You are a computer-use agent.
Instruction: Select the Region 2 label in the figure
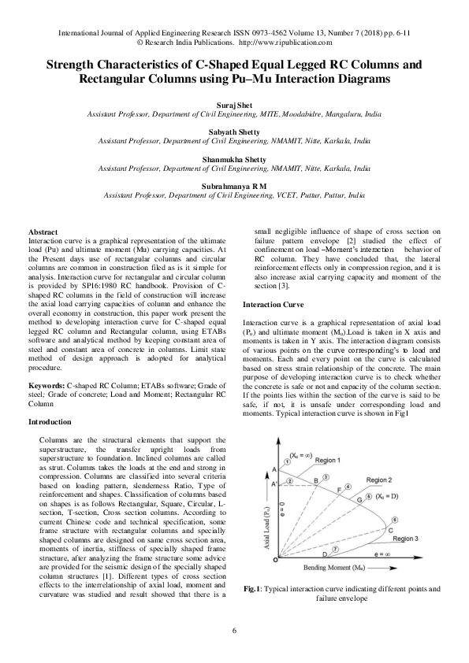coord(379,480)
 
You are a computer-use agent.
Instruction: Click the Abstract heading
coord(41,231)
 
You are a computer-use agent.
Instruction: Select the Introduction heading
coord(49,423)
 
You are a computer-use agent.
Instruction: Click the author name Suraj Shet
coord(234,105)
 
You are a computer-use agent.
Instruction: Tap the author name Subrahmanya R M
coord(234,185)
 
